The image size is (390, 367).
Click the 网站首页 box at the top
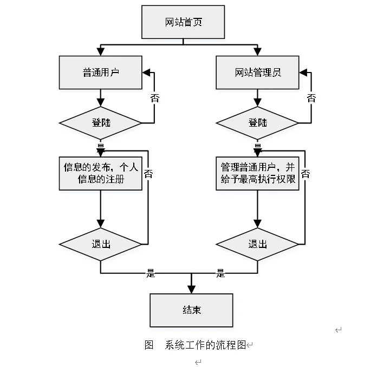(x=183, y=23)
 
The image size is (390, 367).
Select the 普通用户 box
(x=100, y=73)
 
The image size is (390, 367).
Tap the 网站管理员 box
(x=258, y=73)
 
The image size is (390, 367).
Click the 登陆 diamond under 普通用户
(x=100, y=122)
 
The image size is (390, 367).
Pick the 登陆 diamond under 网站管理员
(x=258, y=122)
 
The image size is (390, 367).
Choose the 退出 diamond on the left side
(x=100, y=244)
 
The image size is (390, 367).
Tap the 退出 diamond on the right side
(x=258, y=244)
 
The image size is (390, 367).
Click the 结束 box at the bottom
(x=191, y=310)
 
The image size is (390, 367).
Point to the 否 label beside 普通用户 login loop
(x=155, y=99)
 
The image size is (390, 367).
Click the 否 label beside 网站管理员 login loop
(x=311, y=98)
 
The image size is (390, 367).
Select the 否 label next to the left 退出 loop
(x=148, y=174)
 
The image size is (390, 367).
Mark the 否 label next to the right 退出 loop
(x=305, y=174)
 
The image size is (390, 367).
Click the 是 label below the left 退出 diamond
(x=151, y=273)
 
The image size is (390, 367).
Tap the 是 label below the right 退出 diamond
(x=220, y=273)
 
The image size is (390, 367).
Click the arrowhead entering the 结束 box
(x=191, y=290)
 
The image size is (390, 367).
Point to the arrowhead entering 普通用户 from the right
(x=146, y=73)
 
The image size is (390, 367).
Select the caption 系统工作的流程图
(x=205, y=345)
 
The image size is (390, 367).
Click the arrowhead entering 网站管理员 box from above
(x=258, y=52)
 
